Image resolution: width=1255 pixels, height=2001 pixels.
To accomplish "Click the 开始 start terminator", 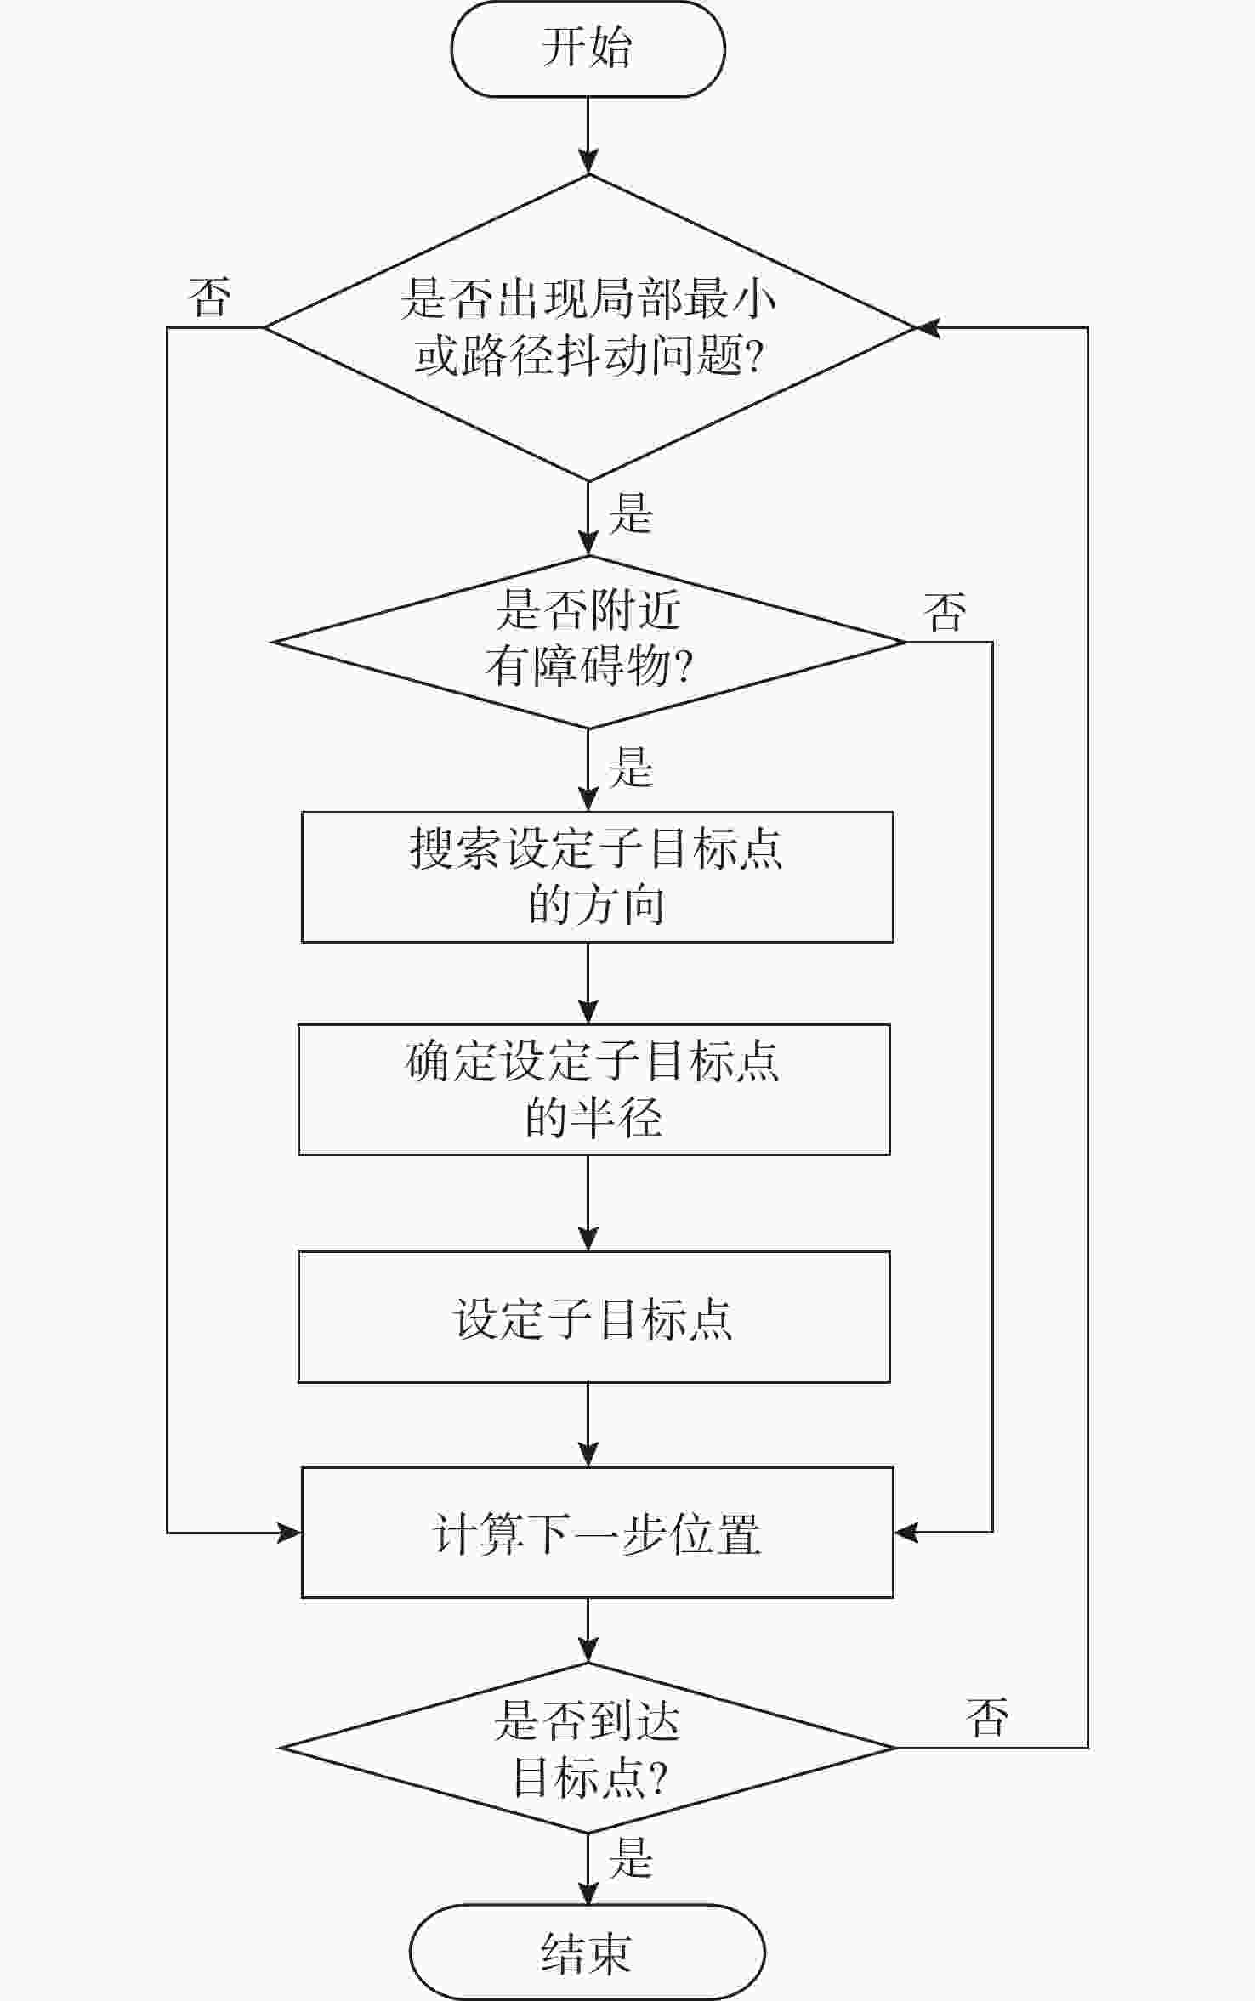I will pyautogui.click(x=588, y=48).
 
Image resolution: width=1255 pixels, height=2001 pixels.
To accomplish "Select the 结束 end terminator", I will pyautogui.click(x=588, y=1952).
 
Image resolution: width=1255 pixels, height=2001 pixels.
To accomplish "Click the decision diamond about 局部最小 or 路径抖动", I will pyautogui.click(x=588, y=327).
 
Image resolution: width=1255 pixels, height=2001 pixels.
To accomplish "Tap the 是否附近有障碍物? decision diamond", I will pyautogui.click(x=588, y=642).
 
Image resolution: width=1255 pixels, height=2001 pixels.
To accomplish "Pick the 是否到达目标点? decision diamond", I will pyautogui.click(x=588, y=1748).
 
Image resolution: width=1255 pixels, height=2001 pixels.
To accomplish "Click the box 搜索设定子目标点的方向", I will pyautogui.click(x=597, y=876).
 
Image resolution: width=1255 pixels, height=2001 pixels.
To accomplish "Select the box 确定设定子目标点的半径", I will pyautogui.click(x=593, y=1089).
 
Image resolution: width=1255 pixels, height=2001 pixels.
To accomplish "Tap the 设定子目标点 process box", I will pyautogui.click(x=593, y=1317).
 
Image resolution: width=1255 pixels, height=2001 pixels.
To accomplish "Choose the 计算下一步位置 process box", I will pyautogui.click(x=597, y=1533).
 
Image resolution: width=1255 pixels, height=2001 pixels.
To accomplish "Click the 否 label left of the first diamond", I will pyautogui.click(x=209, y=298).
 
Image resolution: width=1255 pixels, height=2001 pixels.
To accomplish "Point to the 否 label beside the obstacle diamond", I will pyautogui.click(x=945, y=612).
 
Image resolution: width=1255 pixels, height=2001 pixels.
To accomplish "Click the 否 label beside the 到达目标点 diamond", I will pyautogui.click(x=987, y=1717).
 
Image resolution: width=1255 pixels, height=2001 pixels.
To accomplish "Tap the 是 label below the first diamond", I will pyautogui.click(x=631, y=513).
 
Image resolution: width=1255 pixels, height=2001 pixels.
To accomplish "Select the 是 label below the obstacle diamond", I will pyautogui.click(x=631, y=768).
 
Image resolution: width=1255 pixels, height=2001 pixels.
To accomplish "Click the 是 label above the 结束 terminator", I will pyautogui.click(x=631, y=1857).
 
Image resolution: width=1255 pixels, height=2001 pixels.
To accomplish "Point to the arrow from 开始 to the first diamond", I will pyautogui.click(x=588, y=136).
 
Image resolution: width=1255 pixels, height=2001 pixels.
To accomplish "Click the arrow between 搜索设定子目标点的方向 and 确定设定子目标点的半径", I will pyautogui.click(x=588, y=983).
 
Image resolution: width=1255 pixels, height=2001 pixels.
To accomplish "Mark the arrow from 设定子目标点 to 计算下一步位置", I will pyautogui.click(x=588, y=1425).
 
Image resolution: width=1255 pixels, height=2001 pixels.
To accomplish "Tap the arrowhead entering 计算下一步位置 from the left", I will pyautogui.click(x=289, y=1533).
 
